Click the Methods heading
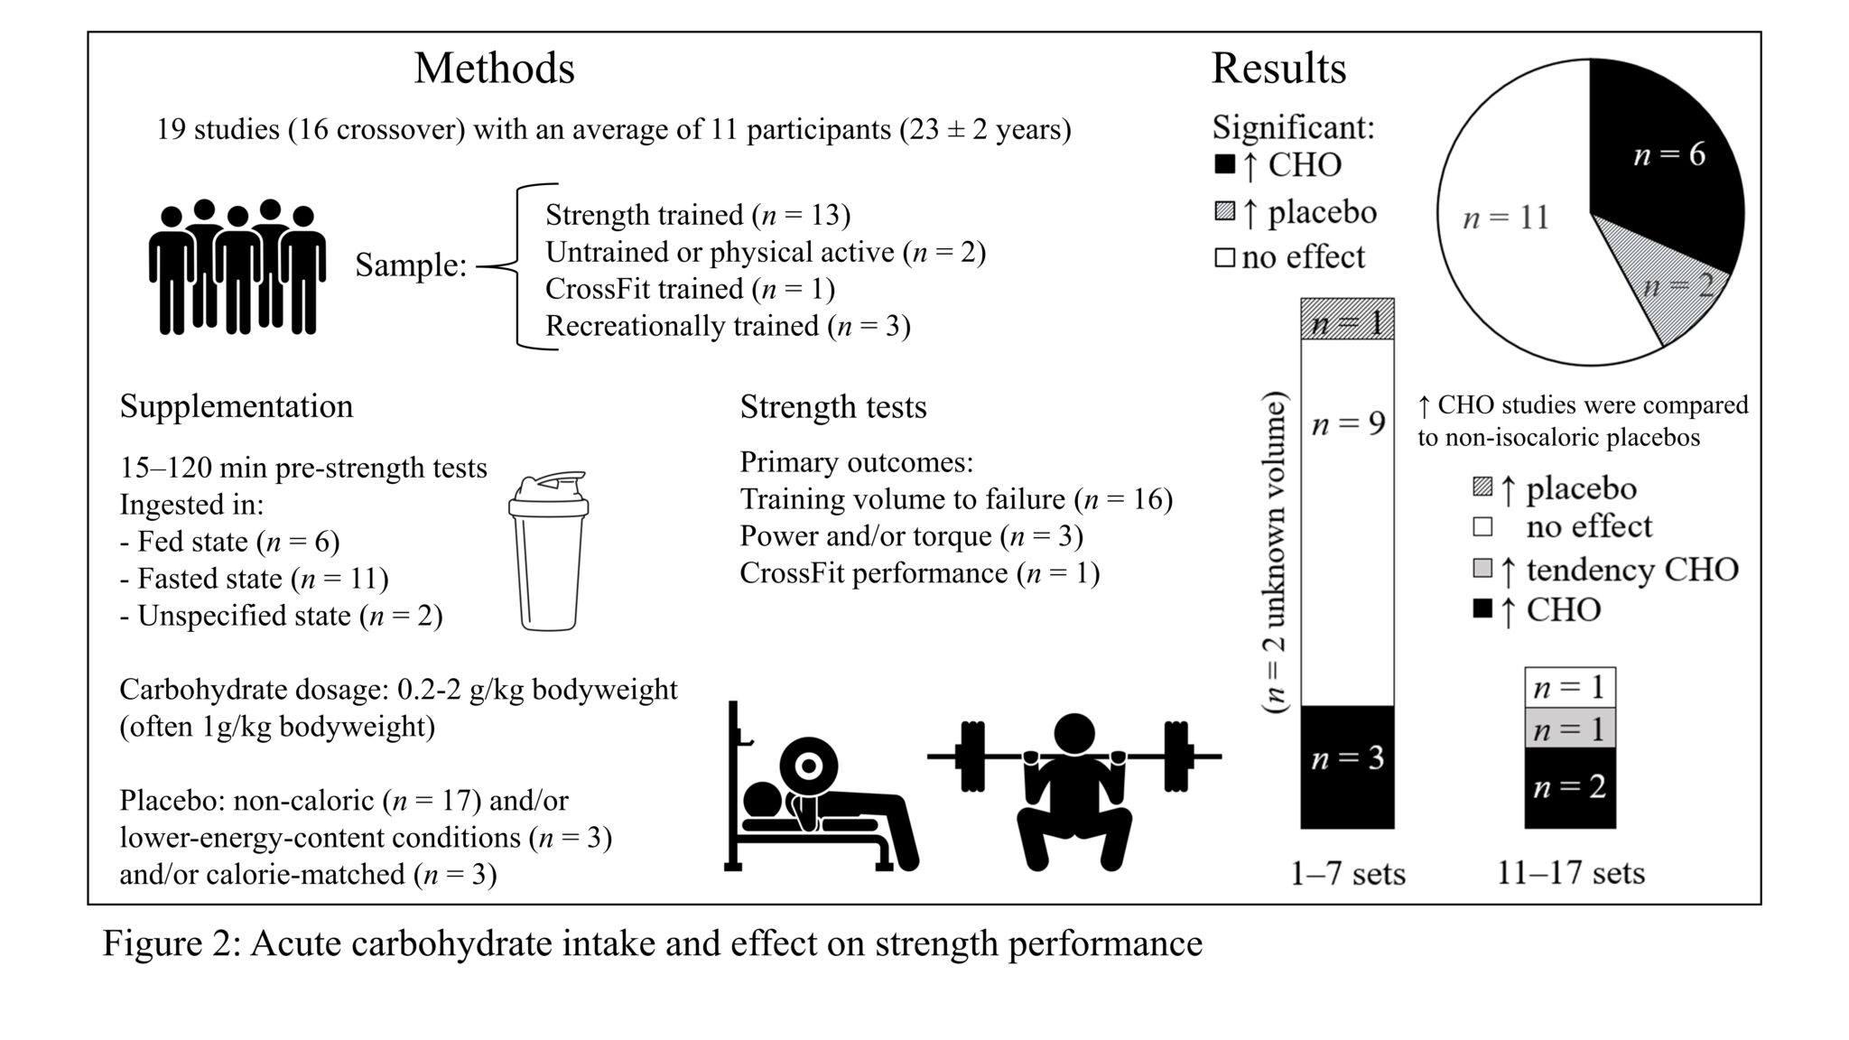494,69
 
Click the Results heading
1278,69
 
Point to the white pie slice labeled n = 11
1508,226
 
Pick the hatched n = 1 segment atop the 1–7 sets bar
1347,320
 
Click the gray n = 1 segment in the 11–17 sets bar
1569,728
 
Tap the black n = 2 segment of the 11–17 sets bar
1569,787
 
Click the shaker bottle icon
548,550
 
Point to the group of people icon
237,267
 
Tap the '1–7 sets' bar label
1347,873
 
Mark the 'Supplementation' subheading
237,406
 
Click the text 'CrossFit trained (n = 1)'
690,289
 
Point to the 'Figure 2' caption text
652,943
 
